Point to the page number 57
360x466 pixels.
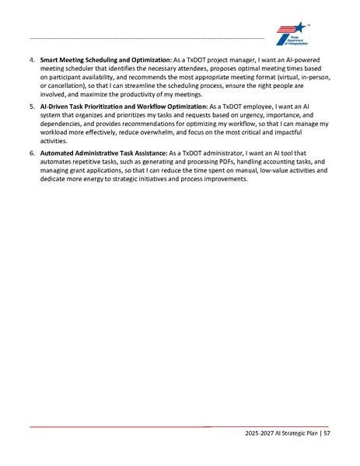coord(326,433)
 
